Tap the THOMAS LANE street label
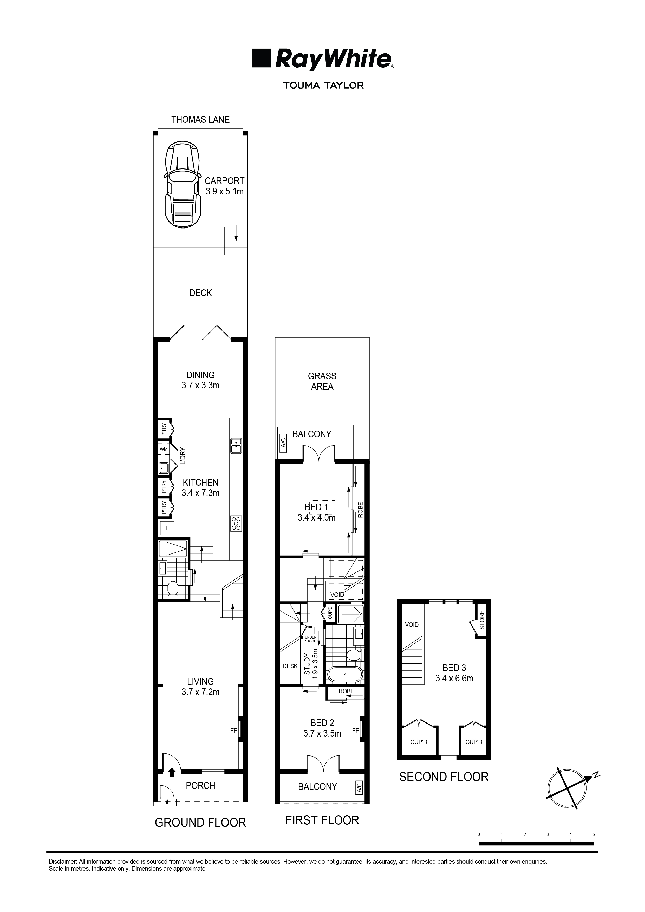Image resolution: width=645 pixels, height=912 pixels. (x=200, y=120)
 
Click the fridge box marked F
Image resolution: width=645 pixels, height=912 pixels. (x=167, y=528)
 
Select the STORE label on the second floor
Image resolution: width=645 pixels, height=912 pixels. (x=482, y=620)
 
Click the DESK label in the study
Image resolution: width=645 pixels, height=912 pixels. (x=290, y=666)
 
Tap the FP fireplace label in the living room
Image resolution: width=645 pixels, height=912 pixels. (x=233, y=730)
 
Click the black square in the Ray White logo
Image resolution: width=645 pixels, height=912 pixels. (x=262, y=58)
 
